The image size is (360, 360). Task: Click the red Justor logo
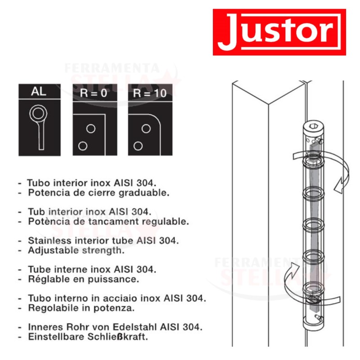(279, 32)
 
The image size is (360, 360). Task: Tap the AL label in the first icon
(39, 91)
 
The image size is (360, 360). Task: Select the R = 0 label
(94, 93)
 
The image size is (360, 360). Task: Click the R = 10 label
(150, 93)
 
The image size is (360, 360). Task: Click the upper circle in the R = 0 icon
(91, 129)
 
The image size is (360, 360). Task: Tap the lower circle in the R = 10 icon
(138, 146)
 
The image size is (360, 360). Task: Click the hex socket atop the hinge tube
(313, 126)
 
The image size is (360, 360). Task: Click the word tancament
(114, 221)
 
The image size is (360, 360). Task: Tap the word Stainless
(49, 241)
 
